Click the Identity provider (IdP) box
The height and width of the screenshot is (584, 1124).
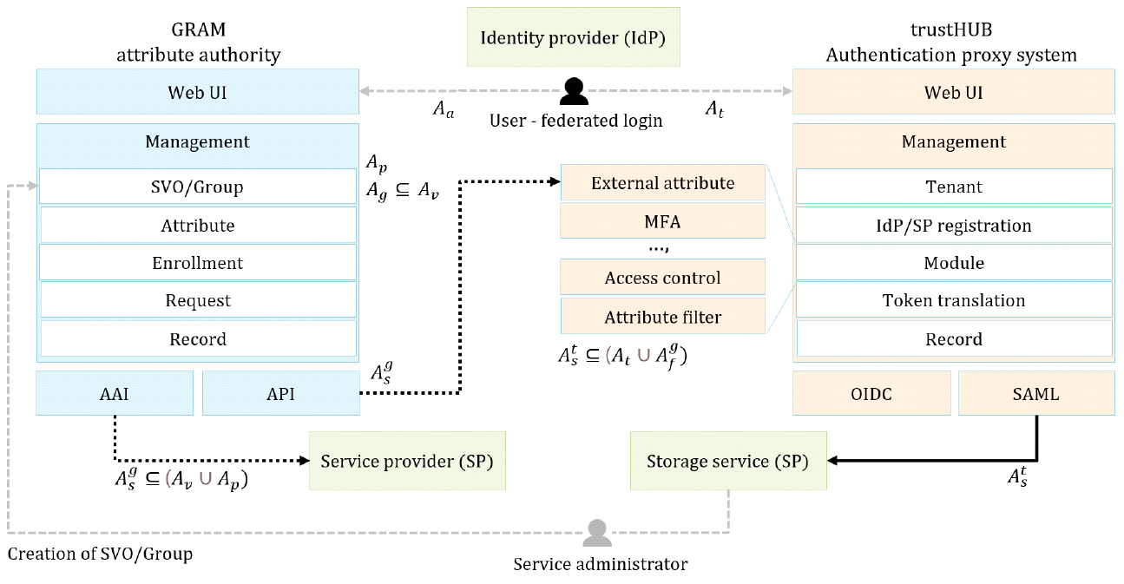pos(573,37)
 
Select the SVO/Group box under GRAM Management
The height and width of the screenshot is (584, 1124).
pos(198,187)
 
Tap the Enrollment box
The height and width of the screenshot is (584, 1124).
pos(198,263)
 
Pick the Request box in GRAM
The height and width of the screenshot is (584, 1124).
pos(198,300)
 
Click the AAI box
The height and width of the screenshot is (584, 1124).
pos(115,393)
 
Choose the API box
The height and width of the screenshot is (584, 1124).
pos(280,393)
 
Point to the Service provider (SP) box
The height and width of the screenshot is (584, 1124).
pos(407,462)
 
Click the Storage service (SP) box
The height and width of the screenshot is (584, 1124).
pos(727,462)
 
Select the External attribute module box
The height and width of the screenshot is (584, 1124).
pos(663,183)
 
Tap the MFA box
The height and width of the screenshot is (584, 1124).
pos(663,221)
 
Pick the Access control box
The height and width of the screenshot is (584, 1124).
pos(663,278)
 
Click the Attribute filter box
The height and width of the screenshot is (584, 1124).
pos(663,317)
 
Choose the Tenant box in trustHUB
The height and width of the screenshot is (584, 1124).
pos(954,187)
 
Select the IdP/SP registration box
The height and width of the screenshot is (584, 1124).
pos(954,226)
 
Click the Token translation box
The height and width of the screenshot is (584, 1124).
pos(954,300)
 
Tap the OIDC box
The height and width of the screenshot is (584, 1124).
pos(871,393)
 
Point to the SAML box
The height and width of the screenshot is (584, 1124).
pos(1036,393)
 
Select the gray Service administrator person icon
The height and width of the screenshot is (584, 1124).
pos(596,533)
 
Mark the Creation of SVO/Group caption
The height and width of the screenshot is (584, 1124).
pos(100,554)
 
